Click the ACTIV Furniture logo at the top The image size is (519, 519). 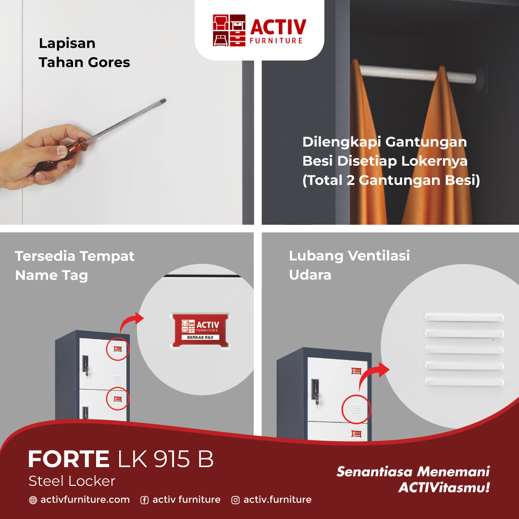(x=259, y=30)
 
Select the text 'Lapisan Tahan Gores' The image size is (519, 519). (x=84, y=53)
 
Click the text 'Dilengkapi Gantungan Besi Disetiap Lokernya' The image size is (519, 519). (x=384, y=151)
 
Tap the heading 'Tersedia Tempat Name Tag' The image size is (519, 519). (x=74, y=265)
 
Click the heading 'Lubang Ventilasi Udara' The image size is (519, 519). (x=349, y=265)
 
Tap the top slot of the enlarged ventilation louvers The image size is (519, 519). (x=464, y=318)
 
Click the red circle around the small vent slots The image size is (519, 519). (x=356, y=410)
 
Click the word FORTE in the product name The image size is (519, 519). (x=69, y=459)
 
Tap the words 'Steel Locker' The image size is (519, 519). (x=72, y=481)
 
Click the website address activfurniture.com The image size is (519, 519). (x=85, y=500)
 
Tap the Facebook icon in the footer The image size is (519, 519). (x=144, y=500)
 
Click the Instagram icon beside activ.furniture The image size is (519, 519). (x=235, y=500)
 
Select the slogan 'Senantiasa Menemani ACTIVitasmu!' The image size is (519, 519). (x=413, y=479)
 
